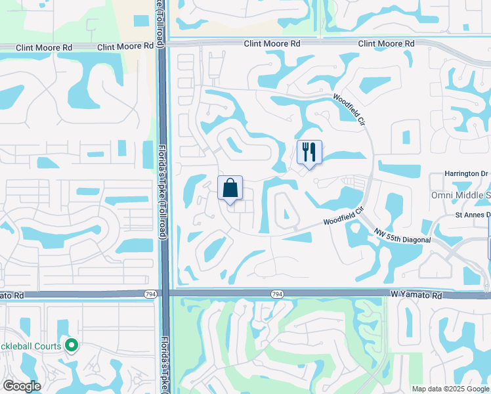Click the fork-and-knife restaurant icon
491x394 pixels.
click(309, 152)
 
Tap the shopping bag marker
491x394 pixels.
click(230, 188)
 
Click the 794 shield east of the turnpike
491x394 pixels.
click(277, 295)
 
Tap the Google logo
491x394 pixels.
click(22, 385)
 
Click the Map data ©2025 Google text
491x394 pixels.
click(450, 389)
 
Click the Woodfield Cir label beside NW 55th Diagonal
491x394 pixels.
click(343, 217)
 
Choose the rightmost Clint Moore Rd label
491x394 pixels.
click(386, 43)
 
